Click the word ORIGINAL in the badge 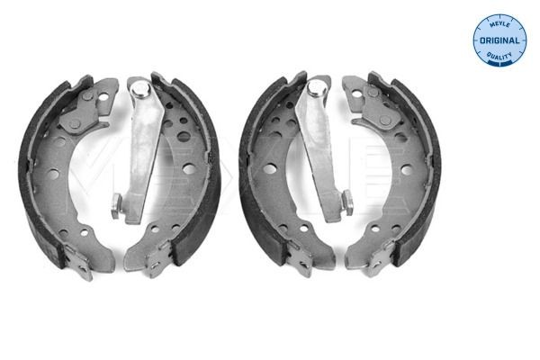tap(499, 41)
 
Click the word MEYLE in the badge tap(499, 24)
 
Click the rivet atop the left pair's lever tap(139, 88)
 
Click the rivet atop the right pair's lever tap(317, 88)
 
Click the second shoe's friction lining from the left tap(206, 171)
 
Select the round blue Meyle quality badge tap(499, 40)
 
